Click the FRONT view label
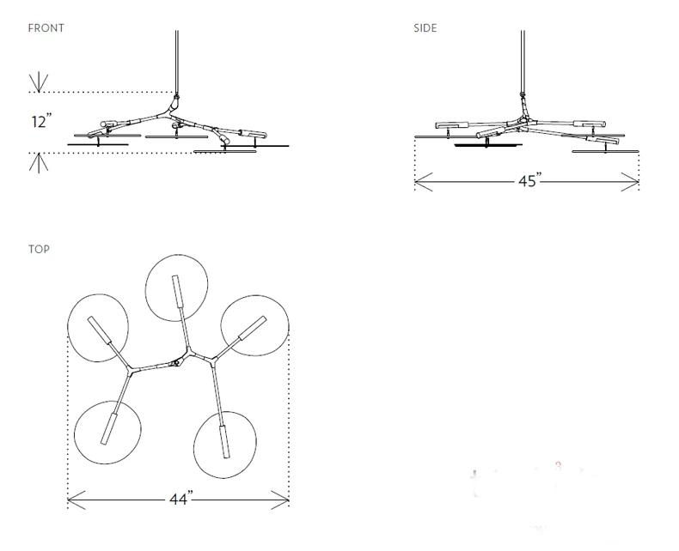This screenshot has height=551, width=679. click(x=46, y=28)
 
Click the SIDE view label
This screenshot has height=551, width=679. click(x=425, y=28)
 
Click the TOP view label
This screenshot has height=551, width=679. click(x=39, y=249)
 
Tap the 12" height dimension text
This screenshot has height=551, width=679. click(x=41, y=121)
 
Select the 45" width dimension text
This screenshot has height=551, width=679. click(x=530, y=180)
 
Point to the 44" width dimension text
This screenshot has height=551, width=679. click(x=181, y=499)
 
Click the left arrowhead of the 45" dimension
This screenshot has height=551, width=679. click(x=424, y=182)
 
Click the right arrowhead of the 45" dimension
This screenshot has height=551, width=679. click(x=631, y=182)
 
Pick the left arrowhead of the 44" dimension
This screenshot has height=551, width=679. click(x=76, y=500)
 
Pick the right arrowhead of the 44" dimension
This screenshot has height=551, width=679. click(x=280, y=500)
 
